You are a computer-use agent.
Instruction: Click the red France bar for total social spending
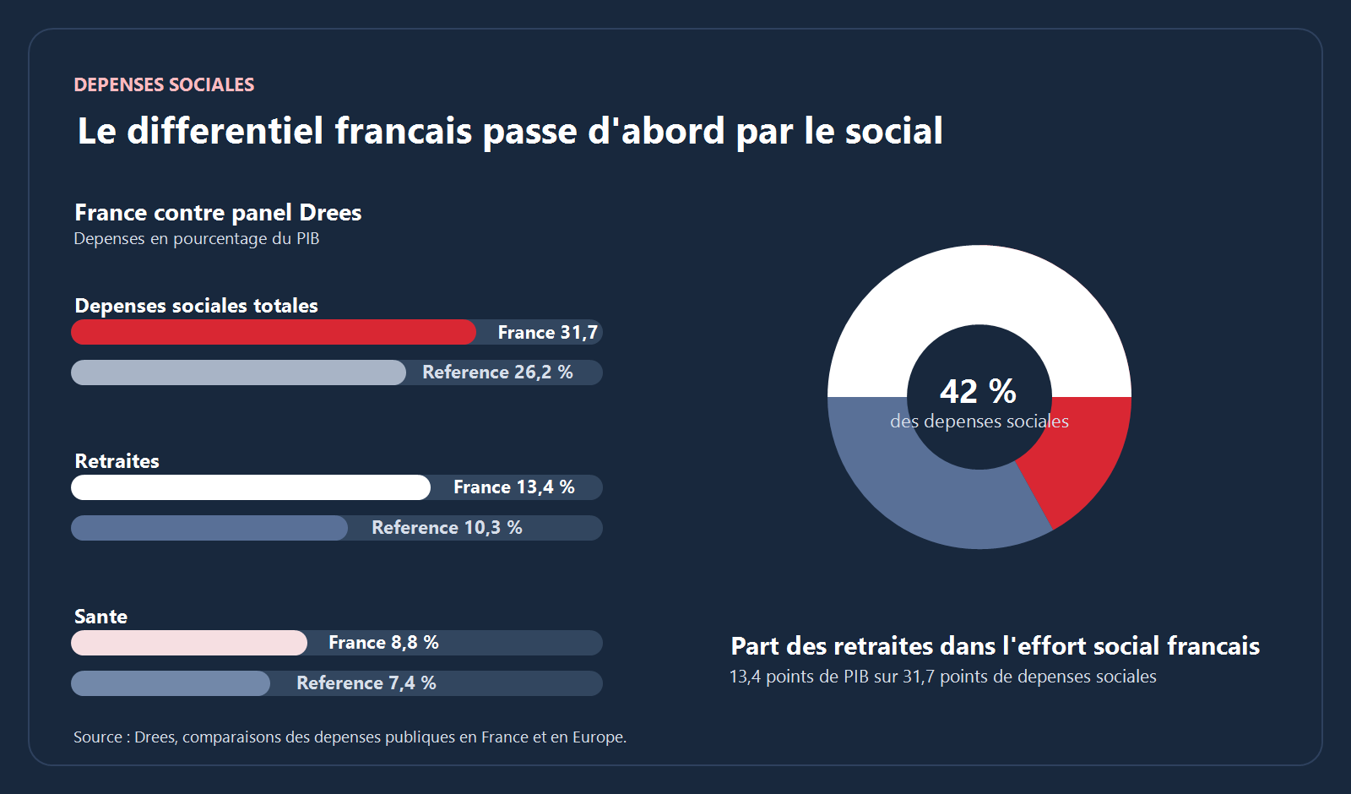[273, 332]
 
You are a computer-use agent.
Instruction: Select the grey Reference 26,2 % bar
[238, 373]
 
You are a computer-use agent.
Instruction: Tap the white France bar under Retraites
[250, 487]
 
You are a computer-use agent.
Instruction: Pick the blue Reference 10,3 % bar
[209, 528]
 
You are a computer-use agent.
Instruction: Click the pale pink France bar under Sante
[188, 643]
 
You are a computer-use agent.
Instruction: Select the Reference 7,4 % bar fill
[170, 683]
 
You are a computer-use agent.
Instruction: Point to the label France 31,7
[547, 333]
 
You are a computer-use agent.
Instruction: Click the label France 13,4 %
[513, 487]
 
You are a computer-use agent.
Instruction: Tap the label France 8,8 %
[383, 643]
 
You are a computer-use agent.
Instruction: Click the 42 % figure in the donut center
[978, 391]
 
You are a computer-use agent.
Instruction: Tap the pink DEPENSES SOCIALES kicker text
[164, 84]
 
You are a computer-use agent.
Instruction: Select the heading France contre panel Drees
[218, 212]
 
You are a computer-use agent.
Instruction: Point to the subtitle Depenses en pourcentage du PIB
[196, 239]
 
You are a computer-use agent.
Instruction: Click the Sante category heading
[100, 617]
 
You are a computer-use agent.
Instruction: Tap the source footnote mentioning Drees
[350, 737]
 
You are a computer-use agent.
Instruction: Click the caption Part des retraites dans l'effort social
[995, 646]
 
